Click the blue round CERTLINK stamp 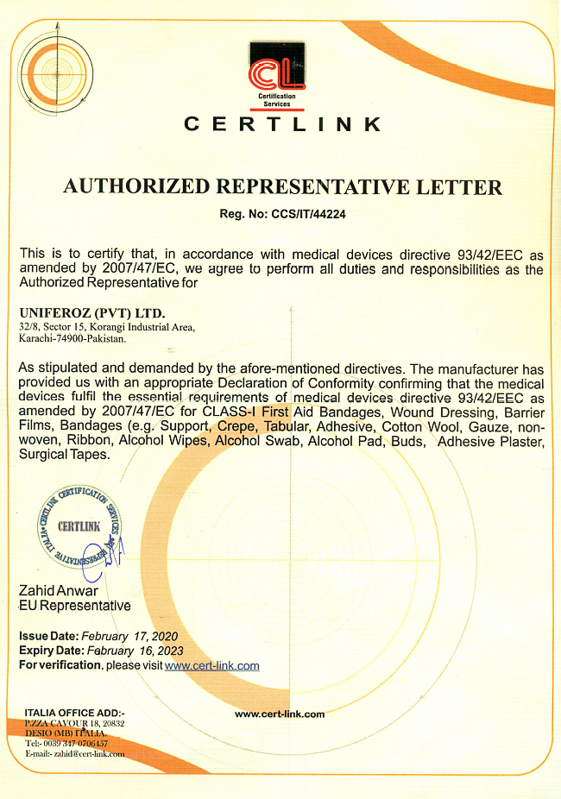point(79,527)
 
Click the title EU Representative point(75,606)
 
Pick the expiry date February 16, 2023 point(134,651)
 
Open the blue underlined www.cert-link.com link point(212,665)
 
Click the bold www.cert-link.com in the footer point(280,714)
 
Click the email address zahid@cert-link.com point(89,753)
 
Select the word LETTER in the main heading point(464,186)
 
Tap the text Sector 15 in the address point(64,327)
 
